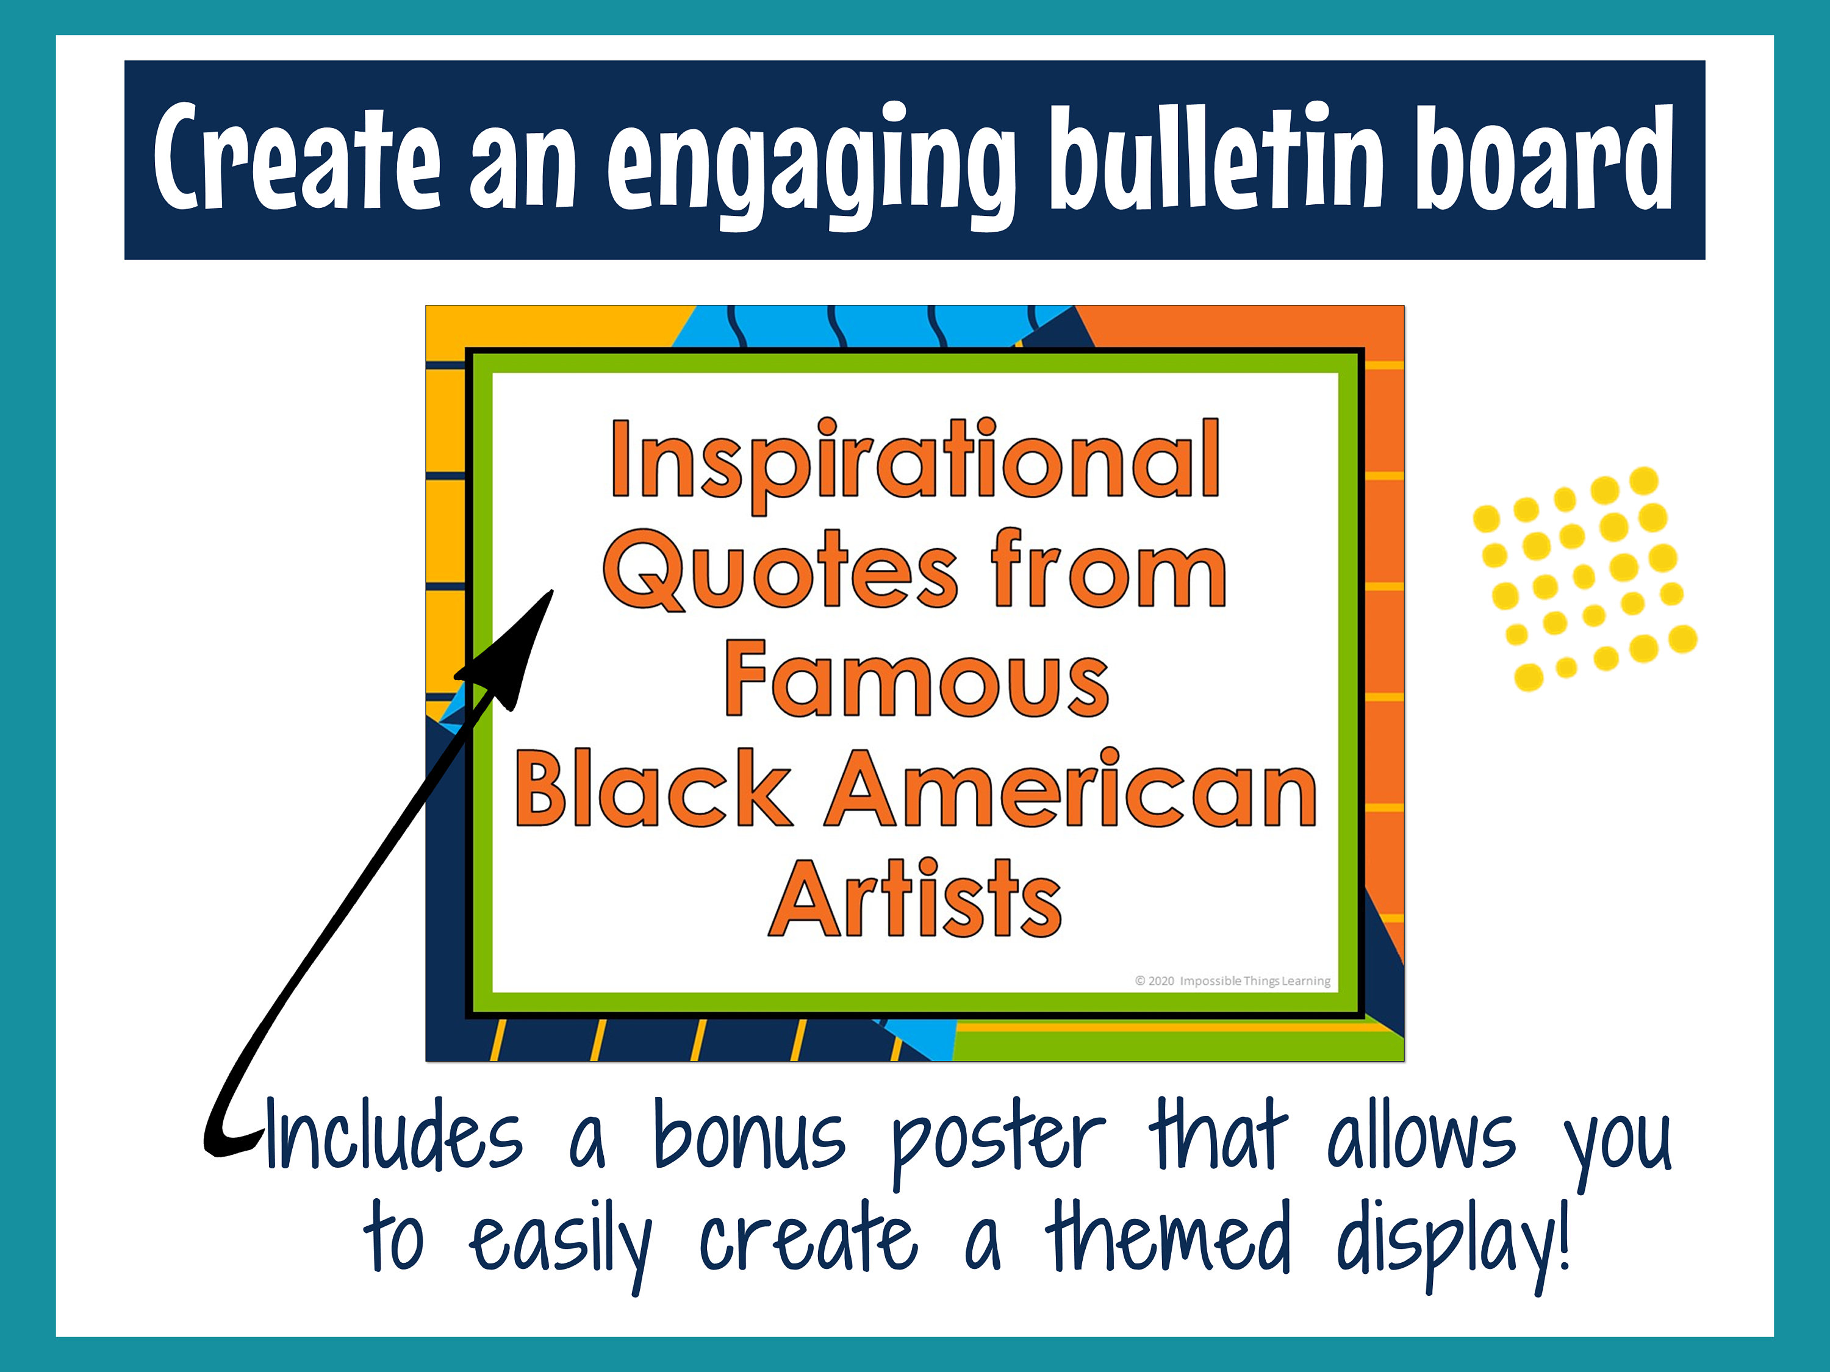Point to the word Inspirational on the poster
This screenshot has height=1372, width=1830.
[x=915, y=462]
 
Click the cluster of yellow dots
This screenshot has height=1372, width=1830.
[x=1584, y=579]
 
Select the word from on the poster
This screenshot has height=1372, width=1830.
[x=1108, y=571]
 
